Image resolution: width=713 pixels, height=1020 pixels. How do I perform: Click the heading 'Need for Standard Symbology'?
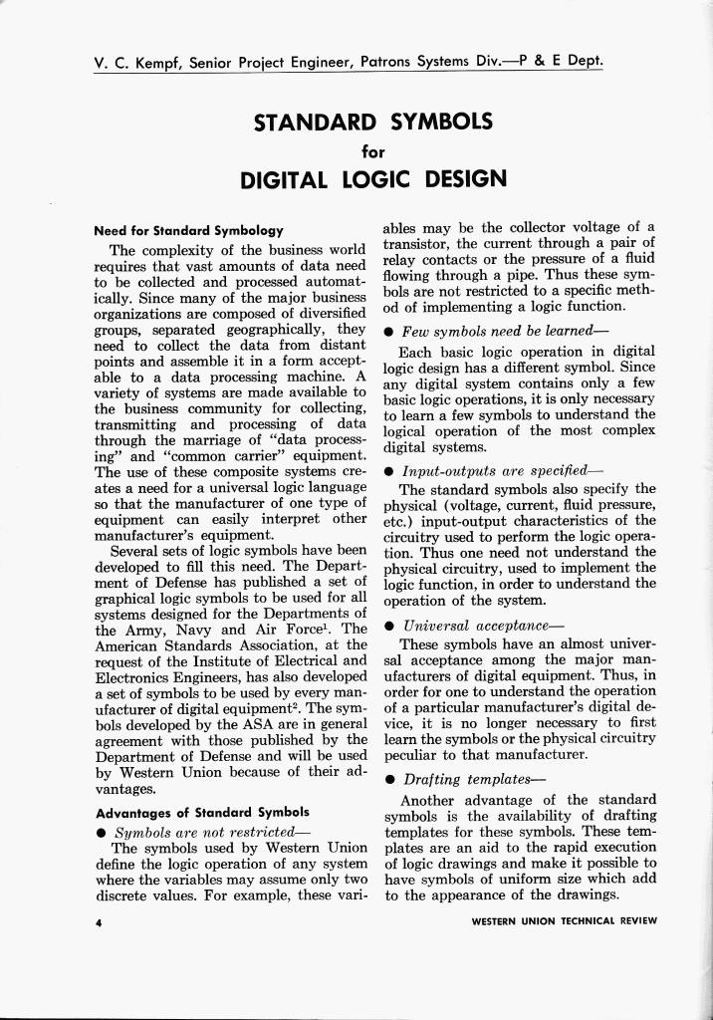pos(188,230)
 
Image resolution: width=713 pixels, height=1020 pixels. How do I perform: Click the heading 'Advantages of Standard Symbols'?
pos(201,811)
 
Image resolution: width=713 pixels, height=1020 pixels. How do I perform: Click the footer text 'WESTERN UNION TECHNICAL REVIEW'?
pos(564,921)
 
